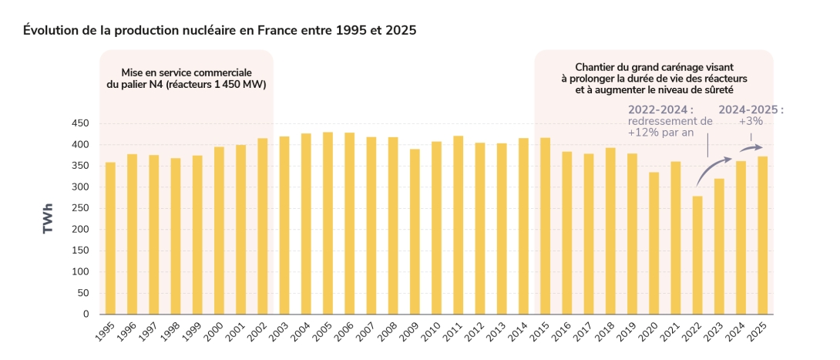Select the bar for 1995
110,238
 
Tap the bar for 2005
328,223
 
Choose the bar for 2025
762,235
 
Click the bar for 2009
415,231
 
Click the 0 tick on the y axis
86,315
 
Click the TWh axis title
49,219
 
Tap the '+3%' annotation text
751,121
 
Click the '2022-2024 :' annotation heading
660,109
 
